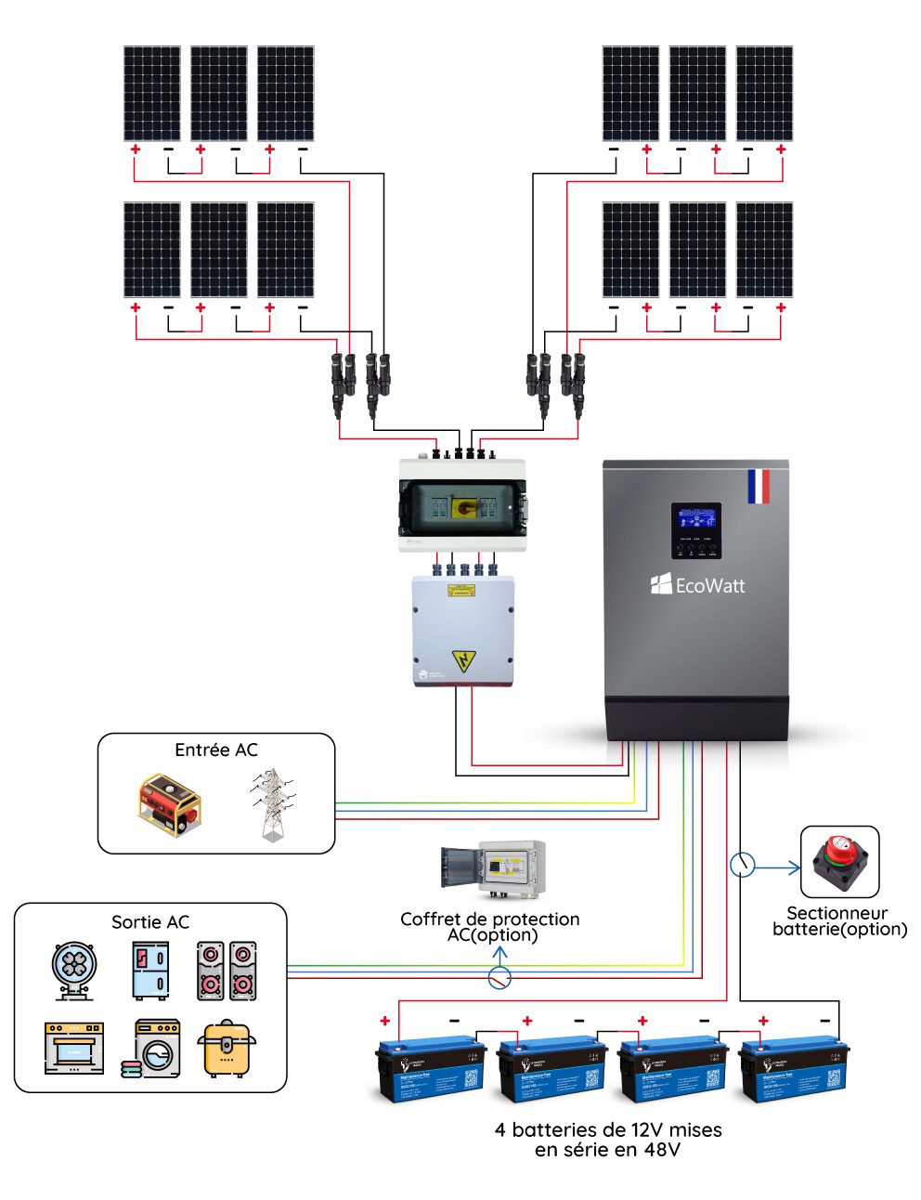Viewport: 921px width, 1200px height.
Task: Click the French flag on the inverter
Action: [758, 487]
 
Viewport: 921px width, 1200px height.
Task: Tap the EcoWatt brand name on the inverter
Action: [698, 585]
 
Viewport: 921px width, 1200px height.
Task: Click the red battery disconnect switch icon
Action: [839, 861]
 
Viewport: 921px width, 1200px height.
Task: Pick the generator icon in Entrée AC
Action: [169, 804]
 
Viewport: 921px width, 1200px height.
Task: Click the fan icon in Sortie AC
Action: [74, 971]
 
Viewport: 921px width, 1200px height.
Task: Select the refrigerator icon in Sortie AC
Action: [150, 971]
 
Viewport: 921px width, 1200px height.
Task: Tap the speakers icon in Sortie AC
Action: [227, 971]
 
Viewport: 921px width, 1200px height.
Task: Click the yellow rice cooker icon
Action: [227, 1049]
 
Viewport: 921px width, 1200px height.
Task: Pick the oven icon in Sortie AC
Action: [74, 1049]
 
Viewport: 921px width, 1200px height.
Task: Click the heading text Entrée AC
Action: [216, 750]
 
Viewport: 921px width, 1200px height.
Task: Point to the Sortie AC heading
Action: [150, 922]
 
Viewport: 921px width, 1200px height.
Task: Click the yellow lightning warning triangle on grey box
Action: [462, 661]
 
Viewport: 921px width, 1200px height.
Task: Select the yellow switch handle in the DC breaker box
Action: [462, 507]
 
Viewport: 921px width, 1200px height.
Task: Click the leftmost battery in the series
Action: [431, 1068]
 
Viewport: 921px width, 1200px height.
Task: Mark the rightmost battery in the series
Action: [793, 1068]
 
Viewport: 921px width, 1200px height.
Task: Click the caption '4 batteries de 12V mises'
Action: [608, 1130]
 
